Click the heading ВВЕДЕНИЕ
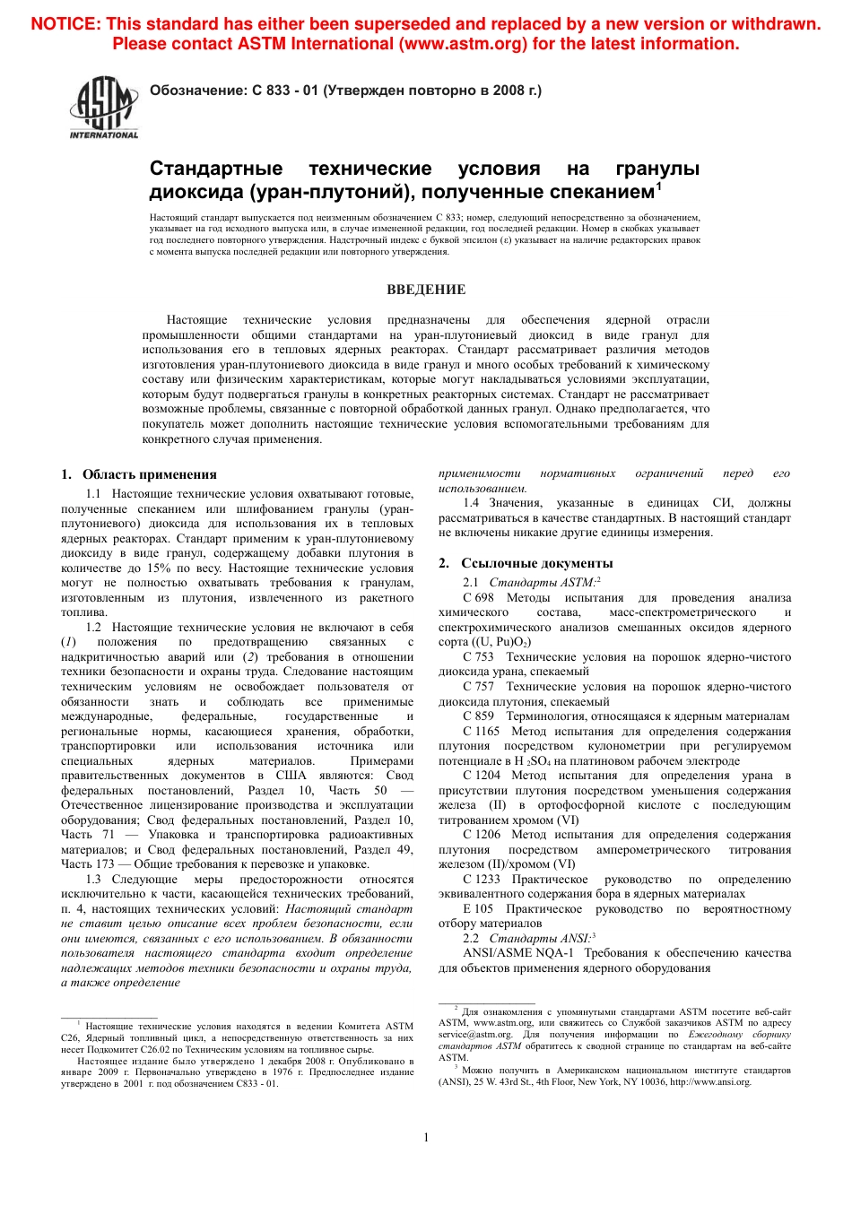[x=426, y=290]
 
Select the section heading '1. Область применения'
[x=139, y=474]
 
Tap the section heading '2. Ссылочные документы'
[x=526, y=563]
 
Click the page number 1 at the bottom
[x=426, y=1137]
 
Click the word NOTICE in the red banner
[x=65, y=24]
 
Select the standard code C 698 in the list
[x=478, y=598]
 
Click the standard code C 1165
[x=482, y=732]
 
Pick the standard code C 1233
[x=482, y=880]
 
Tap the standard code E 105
[x=478, y=909]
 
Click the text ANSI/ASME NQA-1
[x=518, y=953]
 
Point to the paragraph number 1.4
[x=471, y=503]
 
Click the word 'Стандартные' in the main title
[x=215, y=169]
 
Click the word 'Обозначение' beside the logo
[x=197, y=91]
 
